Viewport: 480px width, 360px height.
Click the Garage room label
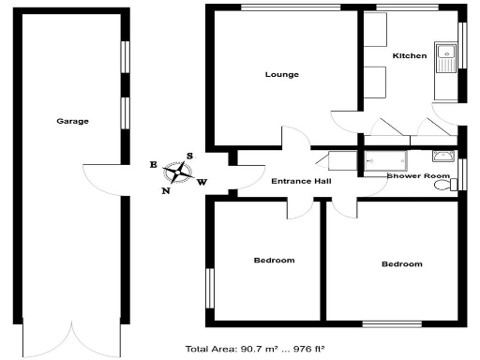coord(72,121)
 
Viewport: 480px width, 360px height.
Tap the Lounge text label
coord(281,75)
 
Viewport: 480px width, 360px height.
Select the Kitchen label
coord(409,56)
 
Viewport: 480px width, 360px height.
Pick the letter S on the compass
coord(189,157)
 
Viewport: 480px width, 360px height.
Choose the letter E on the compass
coord(154,164)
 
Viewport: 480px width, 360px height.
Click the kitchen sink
coord(443,56)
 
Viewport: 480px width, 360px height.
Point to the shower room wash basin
coord(444,157)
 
